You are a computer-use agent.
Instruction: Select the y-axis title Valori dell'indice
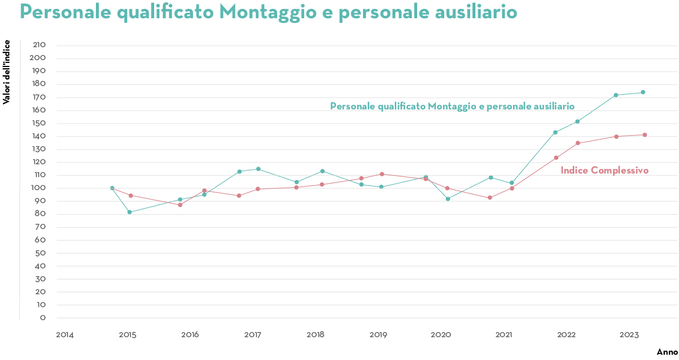pos(6,72)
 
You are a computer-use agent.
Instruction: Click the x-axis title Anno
pos(667,352)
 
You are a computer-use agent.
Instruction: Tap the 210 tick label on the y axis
pos(39,45)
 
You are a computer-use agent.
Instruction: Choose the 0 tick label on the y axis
pos(43,318)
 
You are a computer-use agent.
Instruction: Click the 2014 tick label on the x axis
pos(65,335)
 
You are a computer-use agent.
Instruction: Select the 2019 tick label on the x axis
pos(378,335)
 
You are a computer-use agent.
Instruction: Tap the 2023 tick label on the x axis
pos(629,335)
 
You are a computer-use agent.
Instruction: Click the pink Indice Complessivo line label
pos(604,171)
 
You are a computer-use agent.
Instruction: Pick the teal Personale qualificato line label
pos(452,106)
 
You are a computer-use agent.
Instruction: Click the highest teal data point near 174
pos(643,92)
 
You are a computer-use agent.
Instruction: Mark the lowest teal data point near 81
pos(129,212)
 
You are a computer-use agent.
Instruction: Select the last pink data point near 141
pos(645,135)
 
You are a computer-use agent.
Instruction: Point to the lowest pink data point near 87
pos(180,205)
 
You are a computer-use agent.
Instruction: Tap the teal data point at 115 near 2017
pos(258,169)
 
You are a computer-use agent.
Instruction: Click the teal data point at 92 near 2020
pos(448,199)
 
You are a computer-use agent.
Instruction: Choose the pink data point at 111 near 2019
pos(382,174)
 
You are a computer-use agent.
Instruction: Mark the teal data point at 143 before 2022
pos(555,132)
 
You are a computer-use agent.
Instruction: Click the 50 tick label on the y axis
pos(41,254)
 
